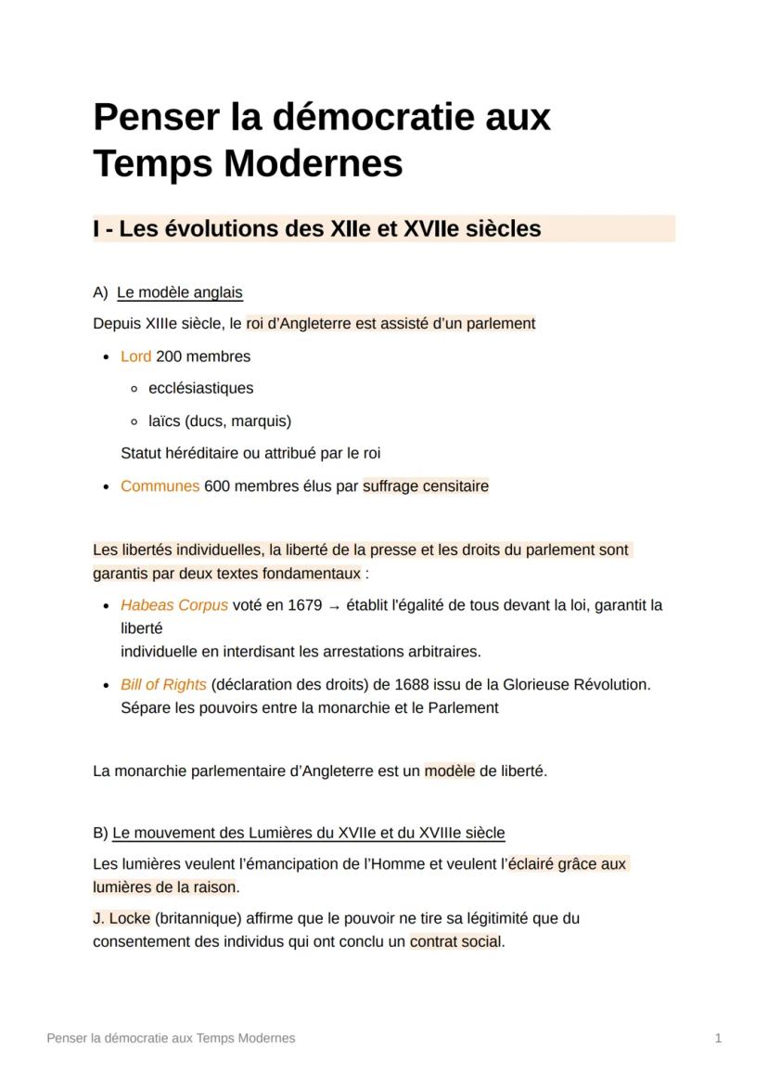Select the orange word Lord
click(135, 356)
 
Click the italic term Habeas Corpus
click(173, 605)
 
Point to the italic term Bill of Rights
click(163, 685)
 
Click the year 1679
click(305, 605)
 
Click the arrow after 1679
click(335, 606)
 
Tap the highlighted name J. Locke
click(122, 919)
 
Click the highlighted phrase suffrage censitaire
click(426, 486)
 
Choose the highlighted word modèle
click(450, 771)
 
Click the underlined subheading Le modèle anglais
click(180, 293)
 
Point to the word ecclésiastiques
click(200, 389)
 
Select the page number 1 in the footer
click(718, 1039)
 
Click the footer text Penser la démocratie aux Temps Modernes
click(171, 1039)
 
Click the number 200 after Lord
click(169, 356)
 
